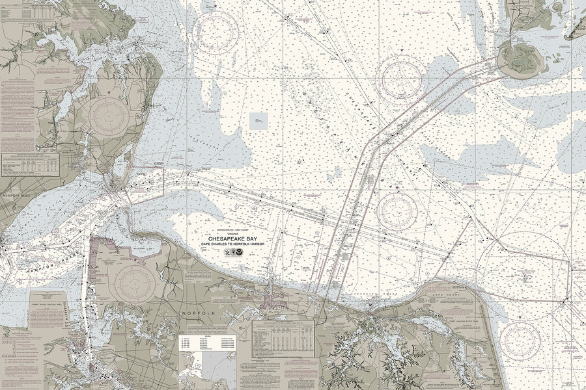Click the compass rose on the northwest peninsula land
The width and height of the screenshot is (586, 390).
[x=109, y=116]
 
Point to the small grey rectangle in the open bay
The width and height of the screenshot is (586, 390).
[x=258, y=120]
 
